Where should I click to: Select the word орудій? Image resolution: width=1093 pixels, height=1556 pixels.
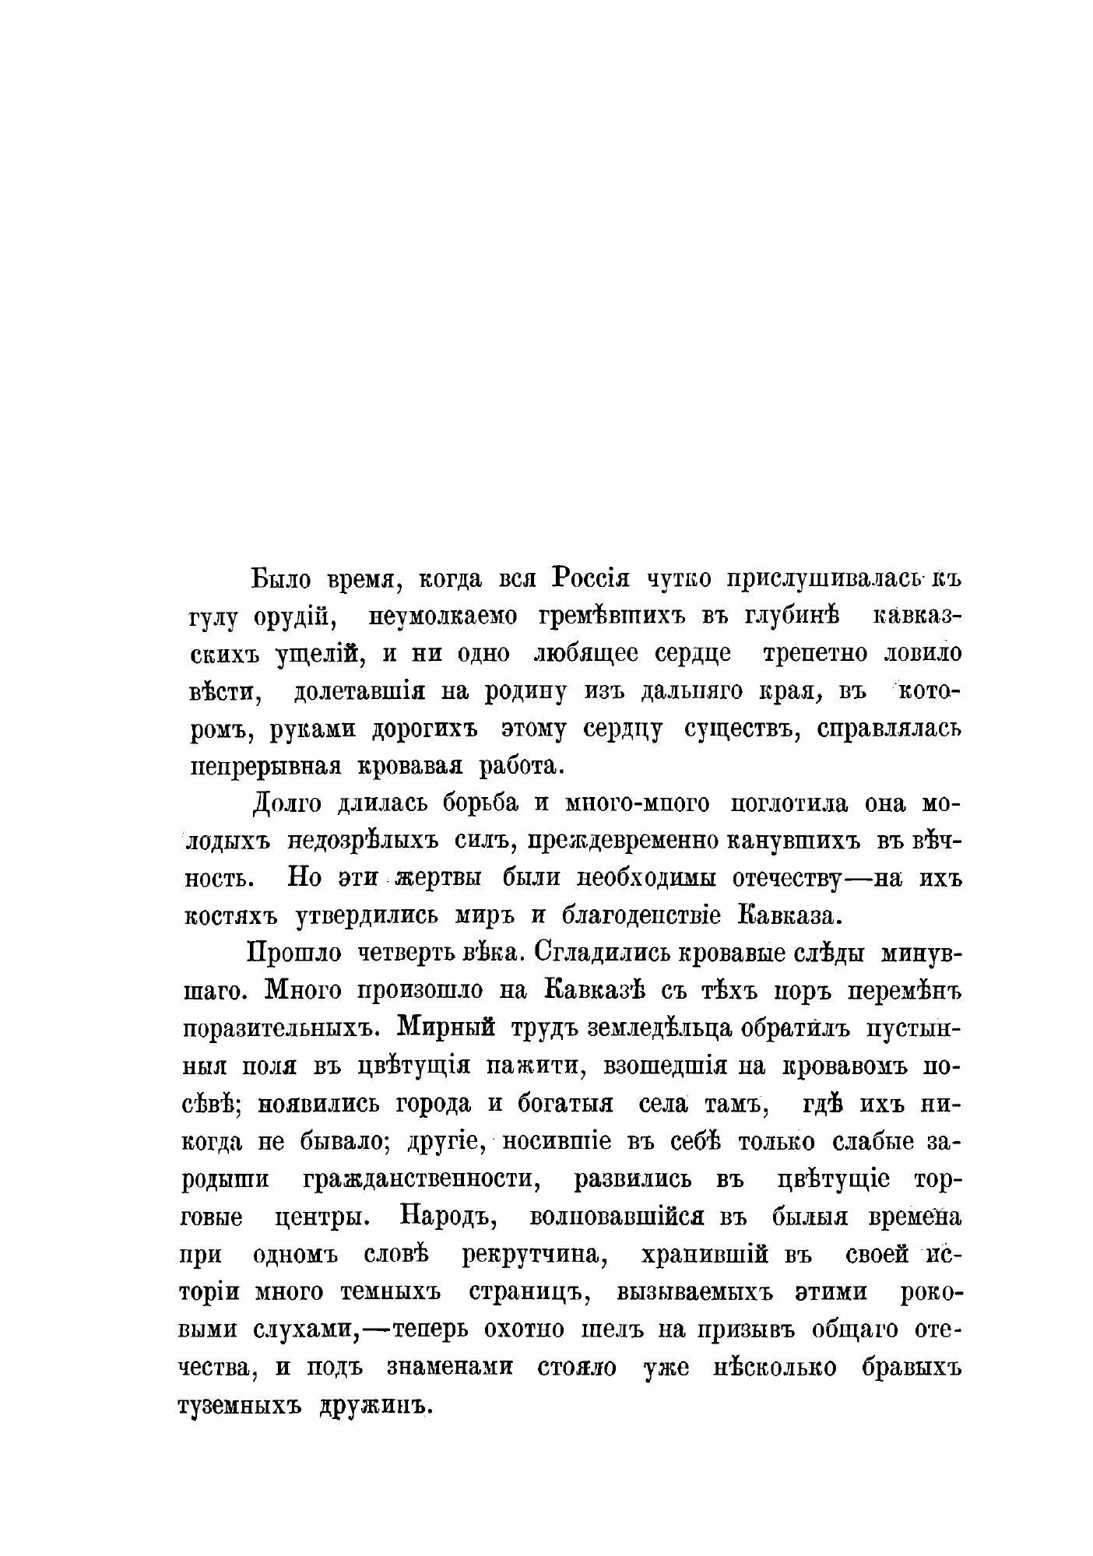click(295, 617)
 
